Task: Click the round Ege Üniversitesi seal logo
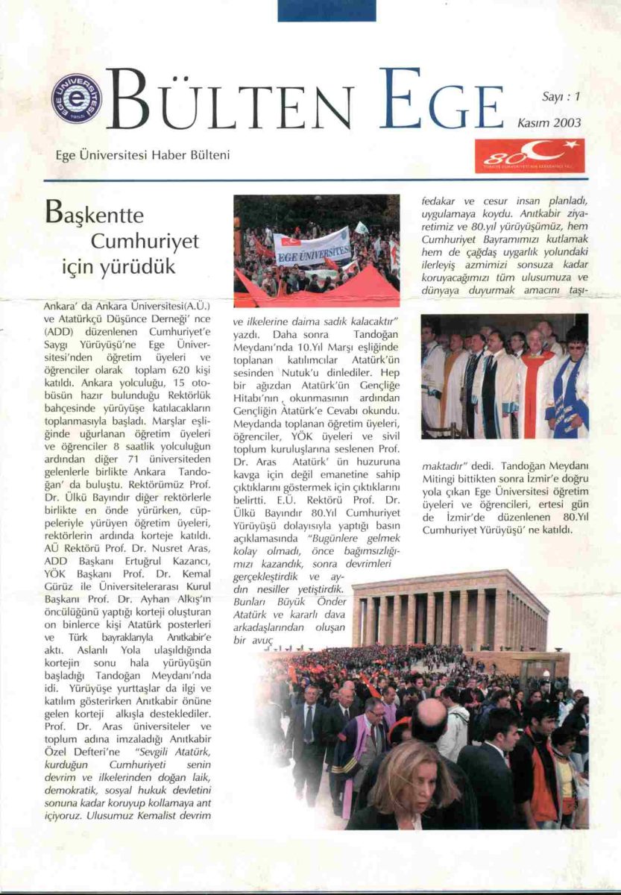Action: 76,98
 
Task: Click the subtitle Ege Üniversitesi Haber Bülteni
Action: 142,155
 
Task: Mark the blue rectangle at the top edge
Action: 327,10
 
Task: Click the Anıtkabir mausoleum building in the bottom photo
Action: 450,612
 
